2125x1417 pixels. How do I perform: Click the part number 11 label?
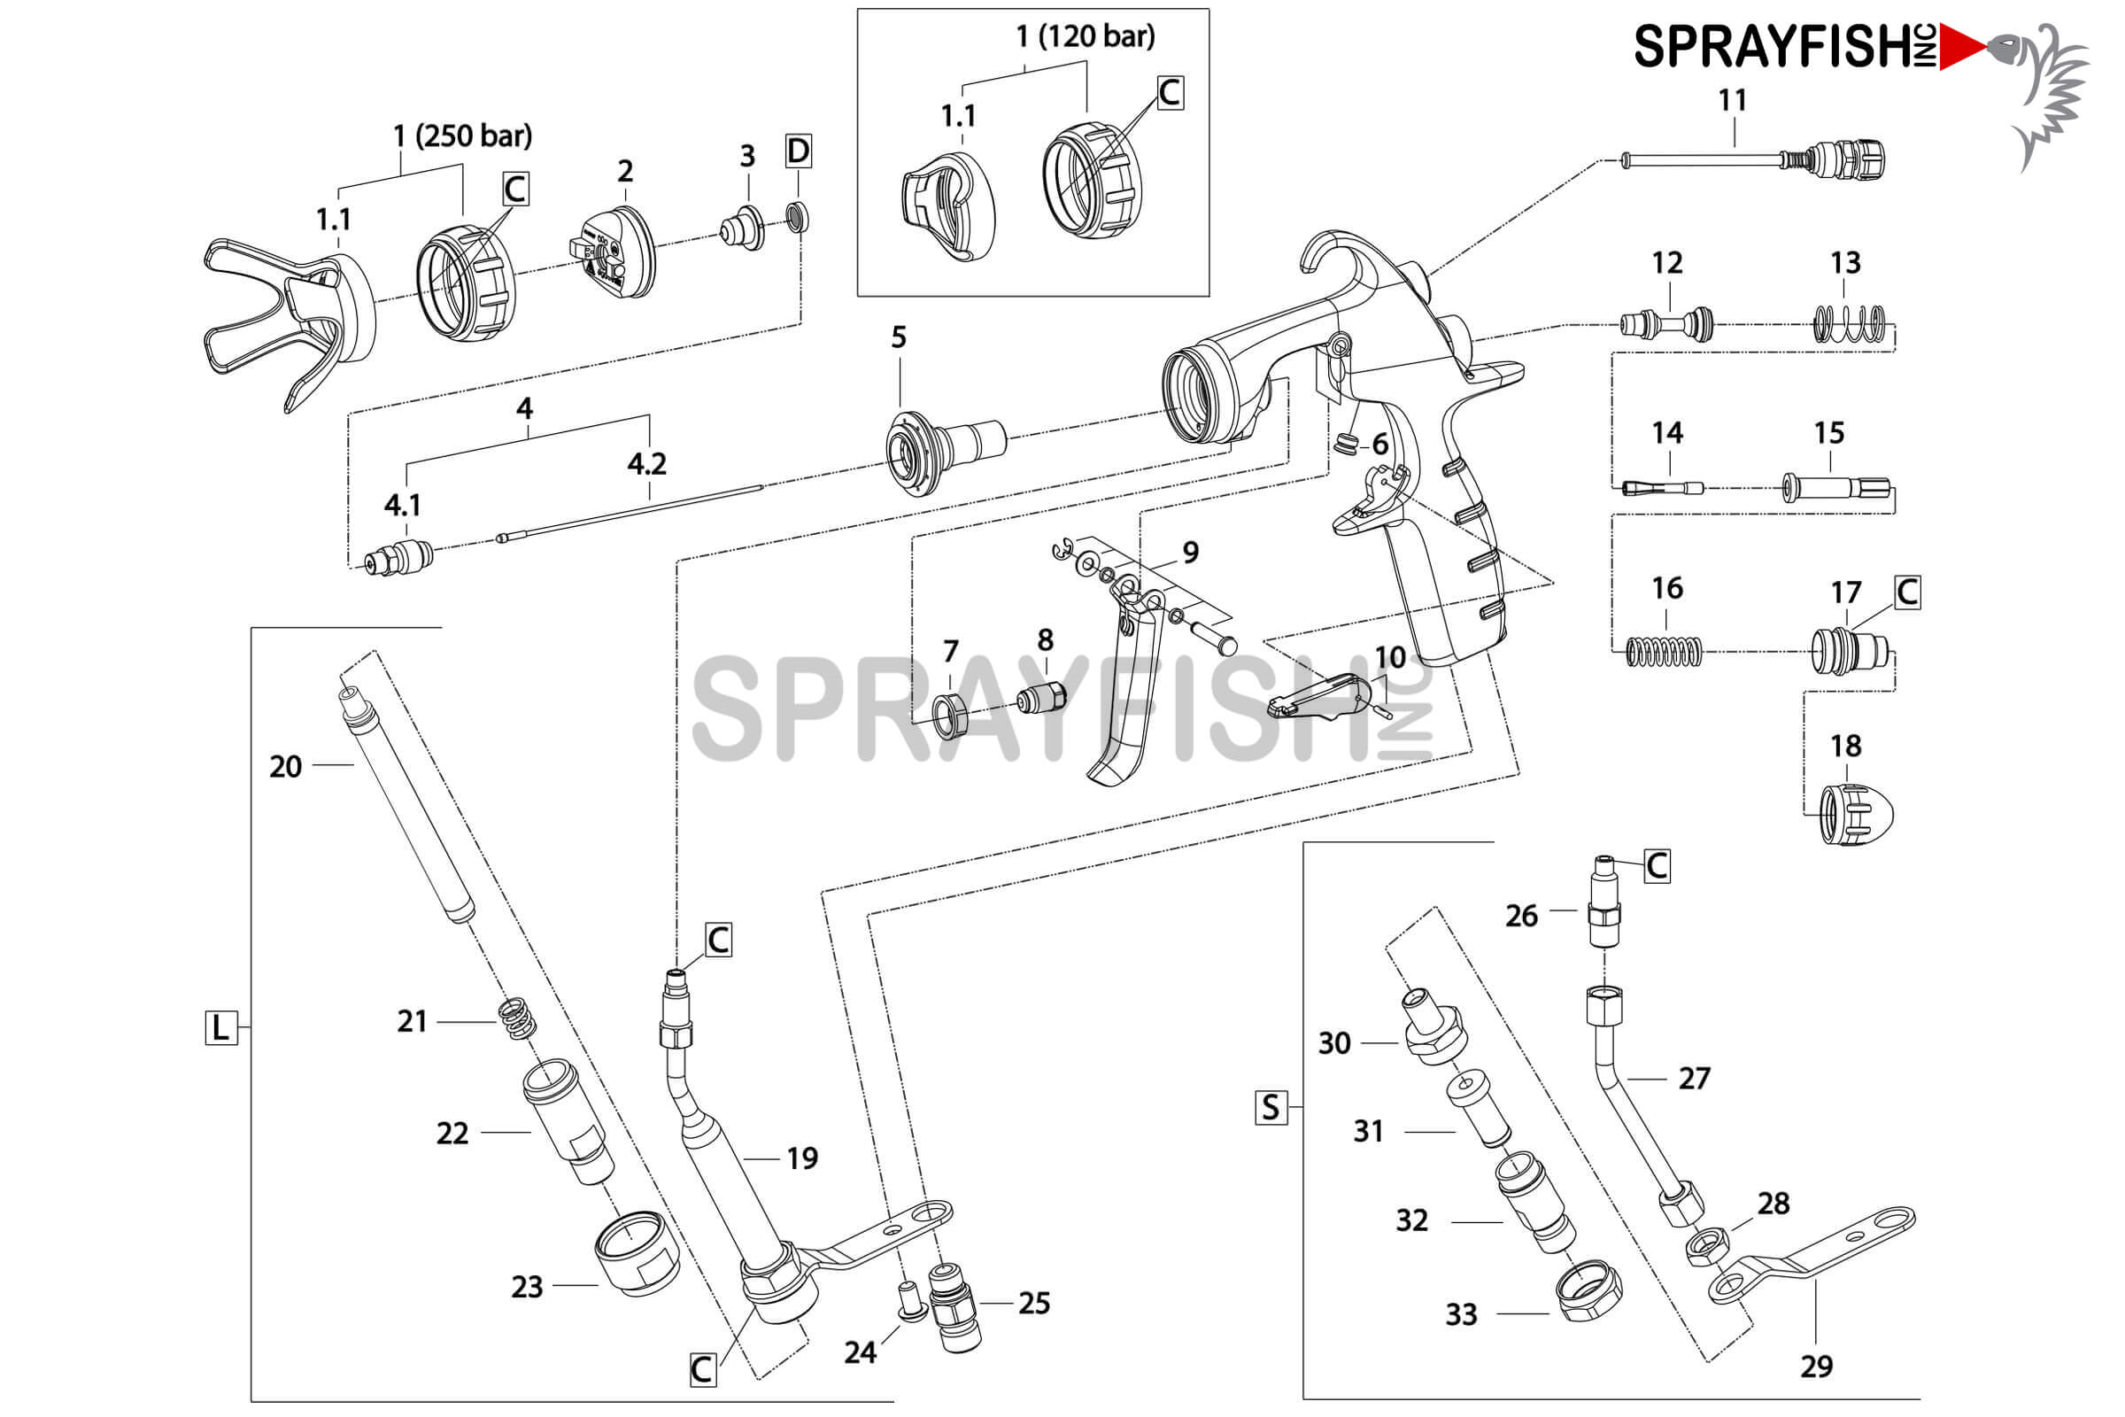coord(1731,100)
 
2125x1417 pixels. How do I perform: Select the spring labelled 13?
coord(1850,323)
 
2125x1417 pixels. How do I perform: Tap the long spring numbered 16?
coord(1664,652)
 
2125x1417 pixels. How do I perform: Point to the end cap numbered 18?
coord(1855,814)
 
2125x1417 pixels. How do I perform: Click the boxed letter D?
coord(798,151)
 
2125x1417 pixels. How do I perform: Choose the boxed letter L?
coord(220,1027)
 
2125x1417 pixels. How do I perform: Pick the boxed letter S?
coord(1271,1107)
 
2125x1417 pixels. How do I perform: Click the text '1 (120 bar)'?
coord(1086,36)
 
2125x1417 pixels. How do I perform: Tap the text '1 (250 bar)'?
coord(462,136)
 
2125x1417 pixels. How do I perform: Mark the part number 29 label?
coord(1816,1367)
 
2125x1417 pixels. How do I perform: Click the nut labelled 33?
coord(1588,1292)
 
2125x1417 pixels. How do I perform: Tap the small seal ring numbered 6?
coord(1346,444)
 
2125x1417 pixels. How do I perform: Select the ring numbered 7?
coord(949,715)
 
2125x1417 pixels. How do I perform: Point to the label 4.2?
coord(647,463)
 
